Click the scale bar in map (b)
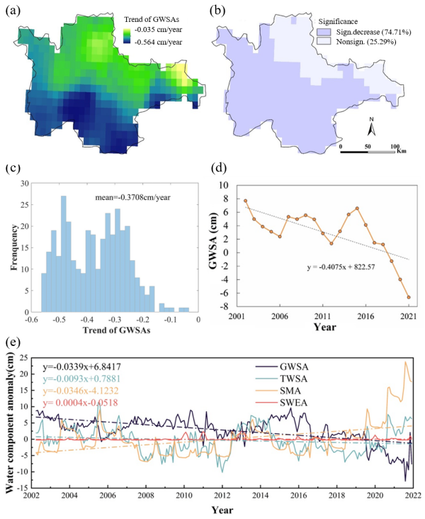[368, 149]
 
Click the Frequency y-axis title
[10, 245]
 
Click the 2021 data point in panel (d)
[409, 297]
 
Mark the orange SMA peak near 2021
[406, 362]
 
